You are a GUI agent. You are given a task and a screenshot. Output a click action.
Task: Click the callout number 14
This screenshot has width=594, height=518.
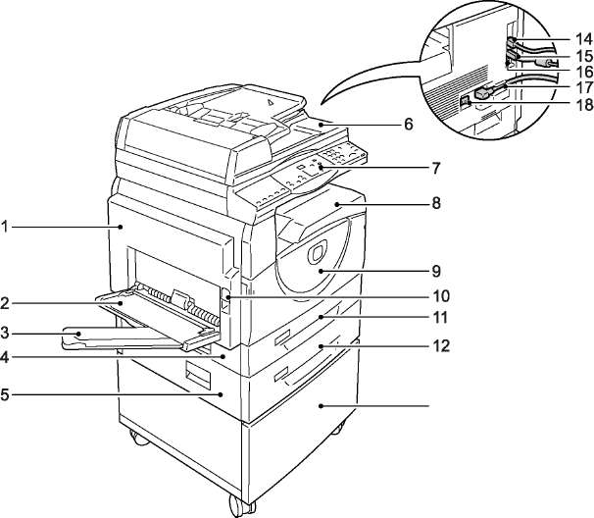(584, 38)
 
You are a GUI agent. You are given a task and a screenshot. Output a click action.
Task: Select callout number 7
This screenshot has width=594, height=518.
(436, 168)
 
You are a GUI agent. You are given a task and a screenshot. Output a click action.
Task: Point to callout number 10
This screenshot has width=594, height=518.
(441, 296)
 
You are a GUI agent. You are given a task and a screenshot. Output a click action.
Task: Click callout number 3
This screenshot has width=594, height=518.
(5, 334)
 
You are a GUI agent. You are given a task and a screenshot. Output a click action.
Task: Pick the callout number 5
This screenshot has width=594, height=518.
(5, 394)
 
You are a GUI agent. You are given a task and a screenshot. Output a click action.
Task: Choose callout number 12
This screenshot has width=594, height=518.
(441, 346)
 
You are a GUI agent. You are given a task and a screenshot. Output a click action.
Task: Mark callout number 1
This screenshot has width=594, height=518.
(5, 227)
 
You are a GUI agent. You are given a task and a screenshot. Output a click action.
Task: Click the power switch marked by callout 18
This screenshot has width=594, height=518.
(465, 102)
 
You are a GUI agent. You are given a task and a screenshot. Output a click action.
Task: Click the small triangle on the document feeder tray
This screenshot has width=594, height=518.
(270, 101)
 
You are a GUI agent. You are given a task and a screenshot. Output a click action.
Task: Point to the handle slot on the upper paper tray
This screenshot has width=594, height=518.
(281, 337)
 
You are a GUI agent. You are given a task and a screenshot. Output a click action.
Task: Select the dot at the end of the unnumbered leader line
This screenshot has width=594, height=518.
(321, 406)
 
